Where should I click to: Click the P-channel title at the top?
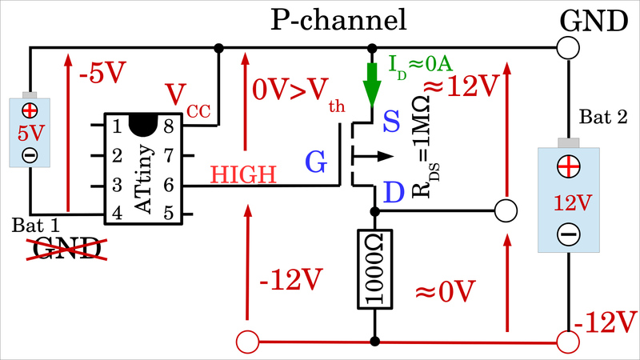point(338,19)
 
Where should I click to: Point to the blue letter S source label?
point(392,122)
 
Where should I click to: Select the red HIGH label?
point(244,174)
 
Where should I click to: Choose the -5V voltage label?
point(102,74)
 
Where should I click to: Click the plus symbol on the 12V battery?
point(568,167)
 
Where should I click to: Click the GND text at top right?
point(592,19)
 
